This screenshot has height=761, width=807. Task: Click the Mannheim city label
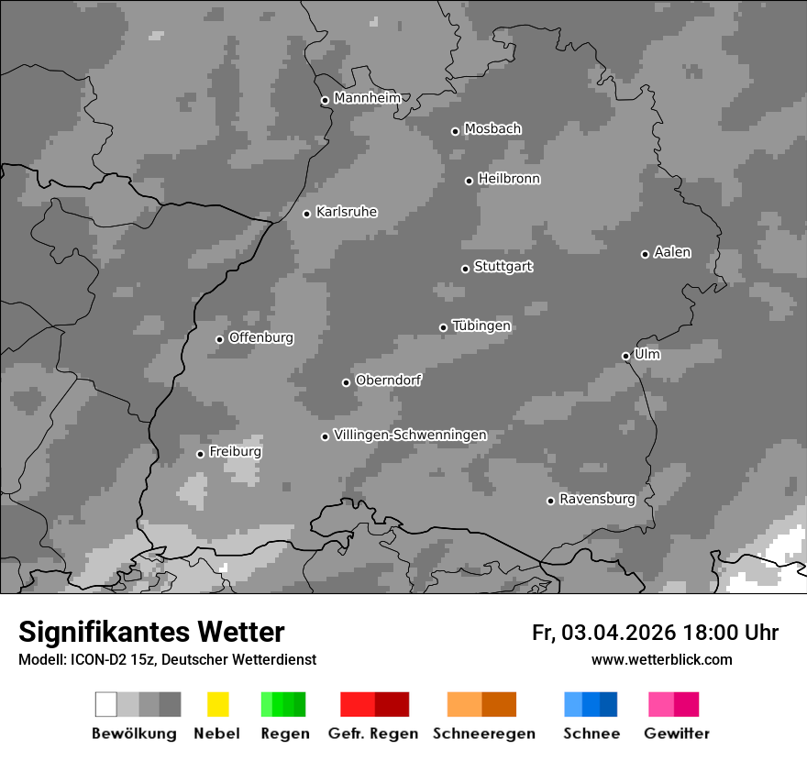coord(367,98)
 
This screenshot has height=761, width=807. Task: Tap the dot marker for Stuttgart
coord(465,269)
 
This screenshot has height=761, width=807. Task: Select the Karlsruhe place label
coord(347,212)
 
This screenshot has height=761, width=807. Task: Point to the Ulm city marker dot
coord(625,356)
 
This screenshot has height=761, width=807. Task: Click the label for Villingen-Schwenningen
coord(410,435)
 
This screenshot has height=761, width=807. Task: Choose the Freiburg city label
coord(235,452)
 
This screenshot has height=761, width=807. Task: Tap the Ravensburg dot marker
coord(550,501)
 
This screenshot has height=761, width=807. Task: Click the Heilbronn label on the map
coord(509,179)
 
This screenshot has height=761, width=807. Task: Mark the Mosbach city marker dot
coord(455,131)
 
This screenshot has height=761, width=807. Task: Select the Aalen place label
coord(672,252)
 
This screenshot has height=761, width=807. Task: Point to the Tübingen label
coord(481,325)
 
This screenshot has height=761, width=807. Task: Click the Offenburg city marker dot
coord(219,339)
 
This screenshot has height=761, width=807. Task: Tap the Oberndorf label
coord(388,380)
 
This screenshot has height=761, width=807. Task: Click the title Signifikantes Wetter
coord(151,632)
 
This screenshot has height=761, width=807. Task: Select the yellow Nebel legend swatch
coord(217,704)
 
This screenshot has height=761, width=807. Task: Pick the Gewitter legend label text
coord(677,733)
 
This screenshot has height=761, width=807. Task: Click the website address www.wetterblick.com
coord(661,659)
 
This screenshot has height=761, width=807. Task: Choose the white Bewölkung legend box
coord(106,704)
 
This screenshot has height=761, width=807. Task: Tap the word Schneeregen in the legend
coord(483,733)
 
